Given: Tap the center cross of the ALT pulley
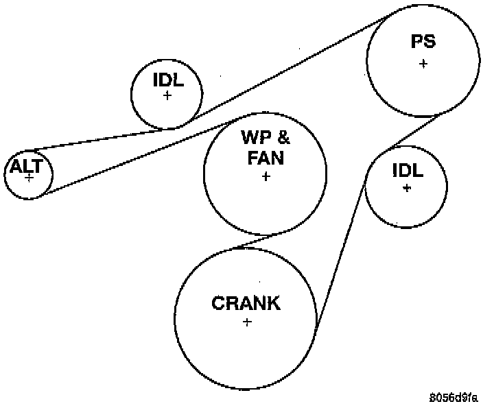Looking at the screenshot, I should pyautogui.click(x=29, y=177).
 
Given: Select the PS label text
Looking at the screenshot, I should pyautogui.click(x=423, y=42).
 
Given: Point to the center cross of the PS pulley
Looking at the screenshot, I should pyautogui.click(x=423, y=63).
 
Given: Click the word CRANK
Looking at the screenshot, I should pyautogui.click(x=246, y=303).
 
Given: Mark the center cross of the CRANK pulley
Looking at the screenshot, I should pyautogui.click(x=247, y=322).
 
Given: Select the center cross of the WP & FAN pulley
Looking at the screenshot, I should pyautogui.click(x=266, y=176).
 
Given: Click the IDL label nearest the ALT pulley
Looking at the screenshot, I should pyautogui.click(x=167, y=80).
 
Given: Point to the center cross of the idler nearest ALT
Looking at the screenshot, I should pyautogui.click(x=167, y=95).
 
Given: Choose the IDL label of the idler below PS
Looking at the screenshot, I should pyautogui.click(x=407, y=170).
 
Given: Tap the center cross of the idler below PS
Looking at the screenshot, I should pyautogui.click(x=407, y=187).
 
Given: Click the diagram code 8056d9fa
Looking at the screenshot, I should pyautogui.click(x=455, y=397).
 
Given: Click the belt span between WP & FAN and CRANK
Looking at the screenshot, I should pyautogui.click(x=257, y=241).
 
